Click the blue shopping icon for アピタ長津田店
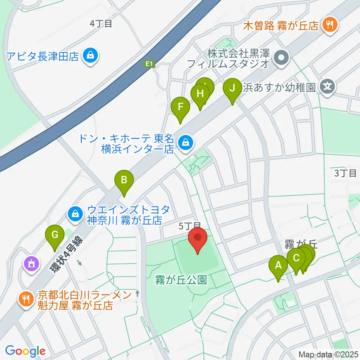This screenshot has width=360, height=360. click(x=90, y=56)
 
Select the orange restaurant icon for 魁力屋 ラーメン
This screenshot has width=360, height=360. click(x=26, y=299)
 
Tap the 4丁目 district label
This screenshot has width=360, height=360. click(x=101, y=24)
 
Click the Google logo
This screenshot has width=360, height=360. click(x=25, y=351)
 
